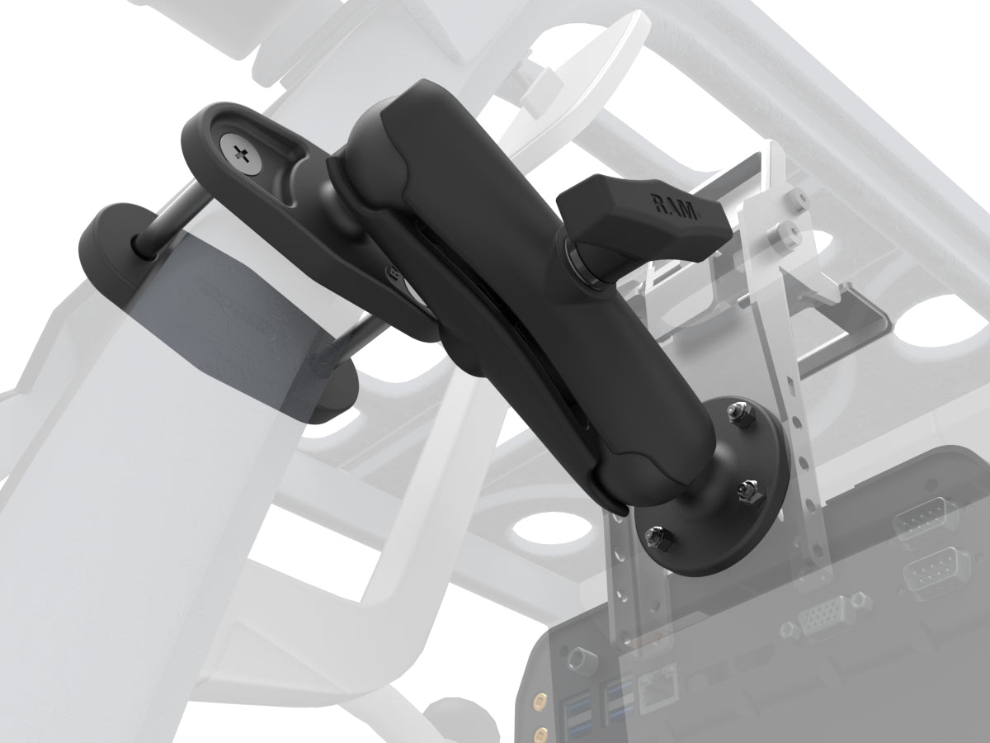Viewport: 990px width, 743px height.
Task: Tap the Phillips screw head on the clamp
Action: click(x=240, y=152)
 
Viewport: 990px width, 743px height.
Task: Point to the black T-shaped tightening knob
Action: click(x=643, y=215)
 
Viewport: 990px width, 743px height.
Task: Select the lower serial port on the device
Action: click(x=936, y=570)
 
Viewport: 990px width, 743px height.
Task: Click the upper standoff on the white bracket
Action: click(x=795, y=197)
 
